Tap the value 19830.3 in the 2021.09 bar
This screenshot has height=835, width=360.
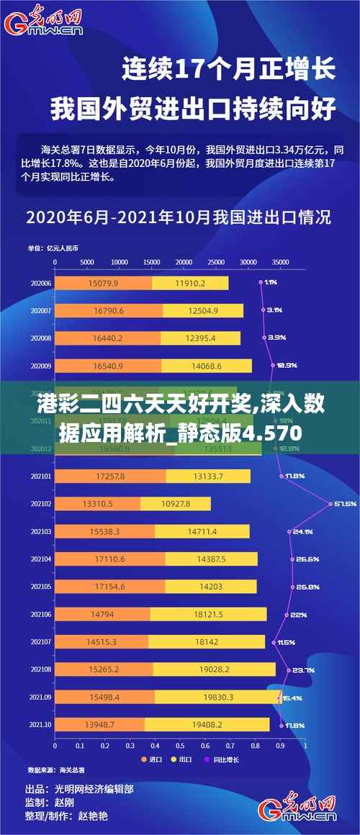coord(218,698)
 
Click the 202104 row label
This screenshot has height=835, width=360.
coord(40,538)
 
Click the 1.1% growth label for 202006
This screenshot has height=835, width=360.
coord(271,282)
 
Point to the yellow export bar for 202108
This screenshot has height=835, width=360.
coord(214,669)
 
